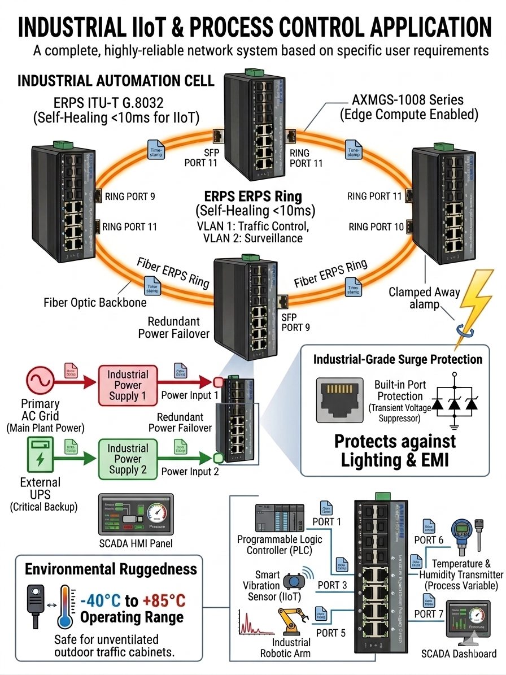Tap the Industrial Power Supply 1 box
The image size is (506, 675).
click(x=128, y=385)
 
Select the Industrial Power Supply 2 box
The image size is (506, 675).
click(x=128, y=459)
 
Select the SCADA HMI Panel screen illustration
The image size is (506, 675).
click(x=136, y=515)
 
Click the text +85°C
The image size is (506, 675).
click(x=164, y=600)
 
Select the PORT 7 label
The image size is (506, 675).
click(x=433, y=613)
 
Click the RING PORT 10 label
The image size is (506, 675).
click(x=376, y=227)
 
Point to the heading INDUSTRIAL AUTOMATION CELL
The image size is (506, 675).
click(x=116, y=80)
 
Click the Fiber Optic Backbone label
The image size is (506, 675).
click(x=95, y=302)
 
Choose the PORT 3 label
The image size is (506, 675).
click(x=332, y=585)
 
